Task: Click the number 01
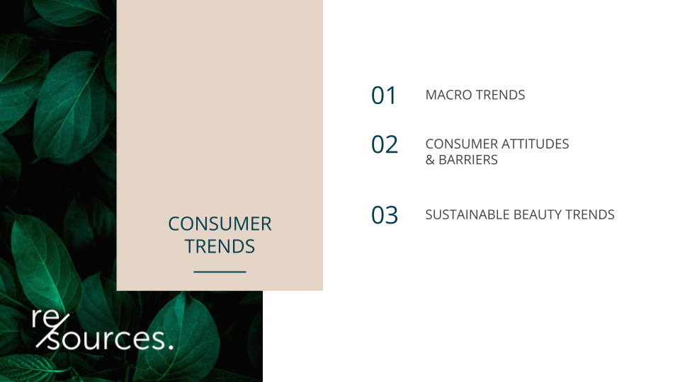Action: (383, 95)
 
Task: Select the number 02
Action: (384, 144)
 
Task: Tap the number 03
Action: (384, 215)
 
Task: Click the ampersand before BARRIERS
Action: (430, 160)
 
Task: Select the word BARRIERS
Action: (468, 160)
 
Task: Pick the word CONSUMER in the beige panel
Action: (220, 224)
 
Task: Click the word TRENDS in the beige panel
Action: (220, 246)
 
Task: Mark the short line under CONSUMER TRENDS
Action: (220, 272)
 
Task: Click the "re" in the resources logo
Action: (45, 318)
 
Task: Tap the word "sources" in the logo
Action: (106, 339)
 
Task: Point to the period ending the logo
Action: (171, 347)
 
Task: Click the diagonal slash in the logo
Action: (52, 331)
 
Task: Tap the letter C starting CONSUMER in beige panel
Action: (174, 224)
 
